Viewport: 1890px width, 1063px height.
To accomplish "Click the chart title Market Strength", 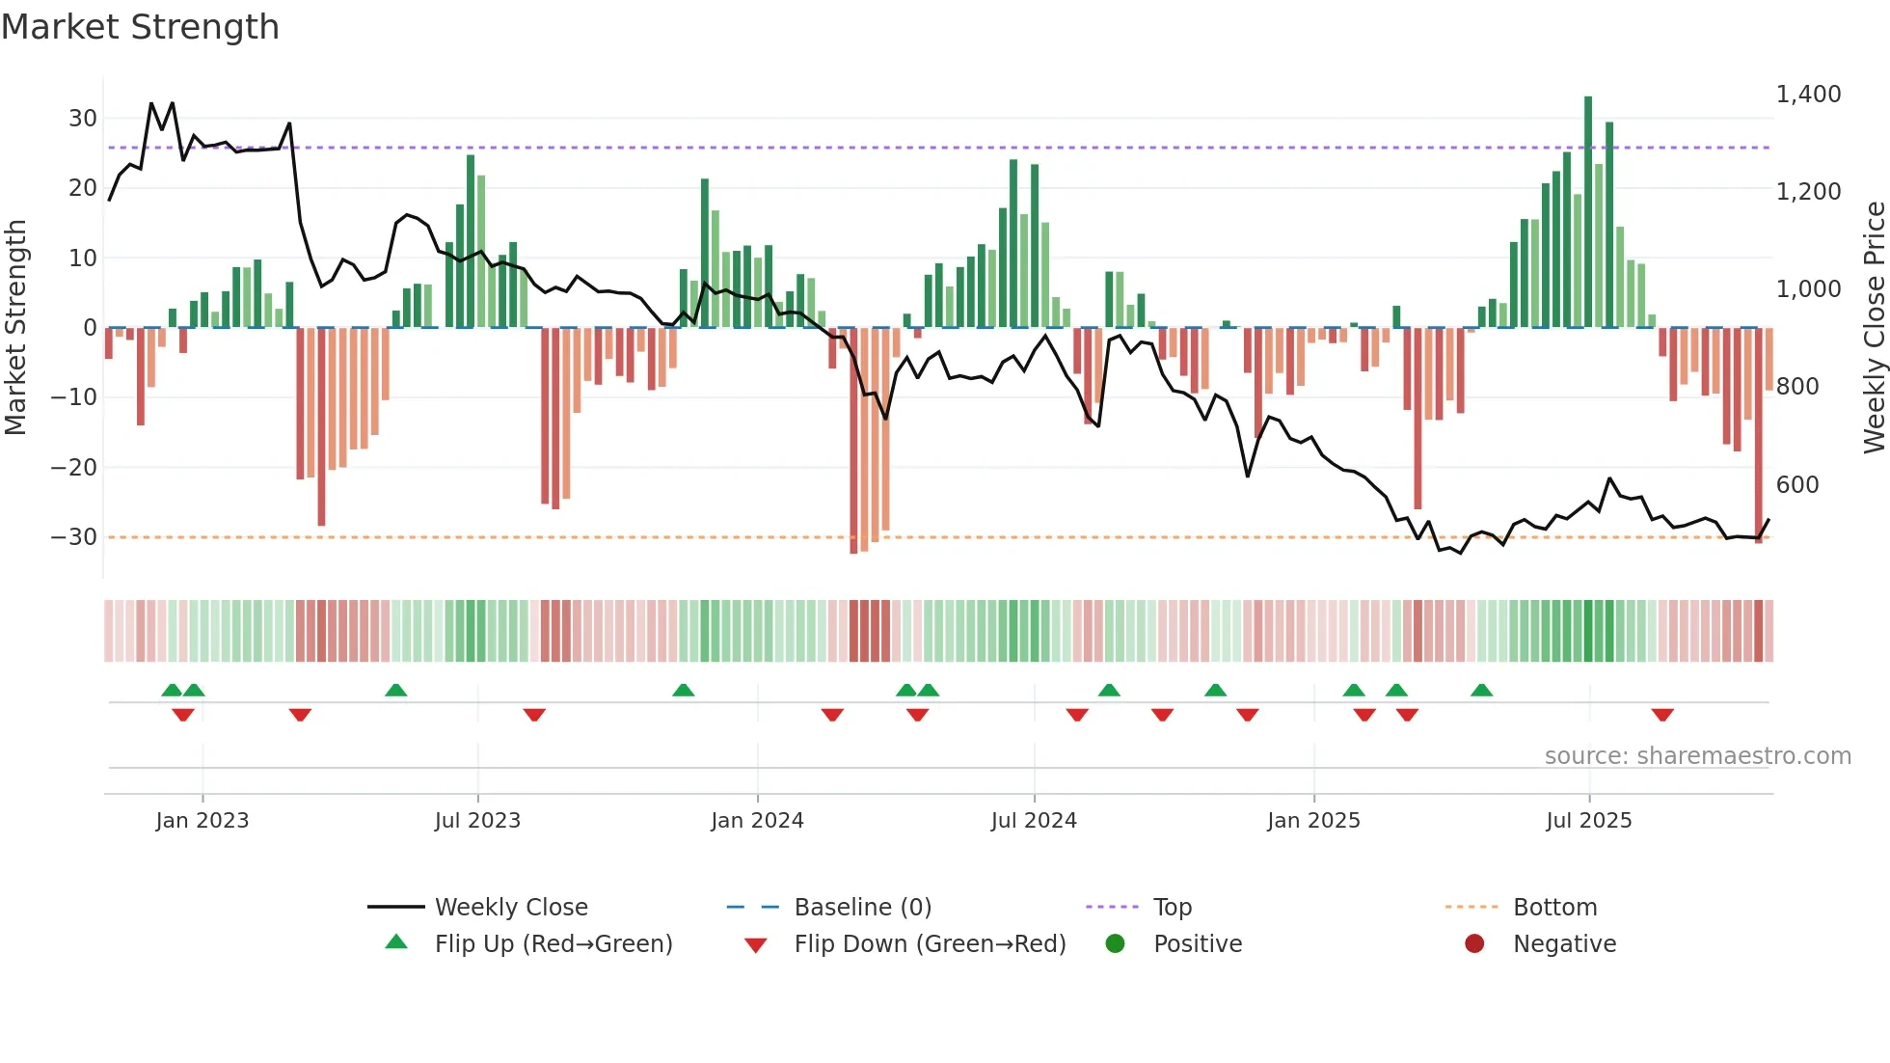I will click(140, 27).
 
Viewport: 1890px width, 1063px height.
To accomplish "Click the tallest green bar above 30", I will click(1587, 212).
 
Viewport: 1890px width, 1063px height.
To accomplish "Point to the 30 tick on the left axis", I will click(83, 119).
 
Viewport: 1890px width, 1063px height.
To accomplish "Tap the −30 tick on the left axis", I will click(75, 537).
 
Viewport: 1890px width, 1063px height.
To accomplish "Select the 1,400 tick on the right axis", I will click(1808, 95).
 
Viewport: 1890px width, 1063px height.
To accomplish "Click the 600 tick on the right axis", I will click(1797, 484).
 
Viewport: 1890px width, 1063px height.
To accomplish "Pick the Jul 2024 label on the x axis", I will click(1033, 821).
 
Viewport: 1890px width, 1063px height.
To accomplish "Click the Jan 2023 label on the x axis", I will click(202, 821).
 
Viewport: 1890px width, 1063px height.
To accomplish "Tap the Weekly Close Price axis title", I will click(1874, 327).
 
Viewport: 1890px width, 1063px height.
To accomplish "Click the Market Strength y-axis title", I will click(15, 327).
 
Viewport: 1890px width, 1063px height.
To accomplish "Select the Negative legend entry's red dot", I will click(1473, 944).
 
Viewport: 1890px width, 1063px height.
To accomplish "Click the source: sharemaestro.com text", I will click(1697, 756).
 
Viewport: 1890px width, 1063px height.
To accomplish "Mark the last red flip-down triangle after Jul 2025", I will click(1661, 715).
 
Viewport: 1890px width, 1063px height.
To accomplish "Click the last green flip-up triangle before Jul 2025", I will click(1481, 690).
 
